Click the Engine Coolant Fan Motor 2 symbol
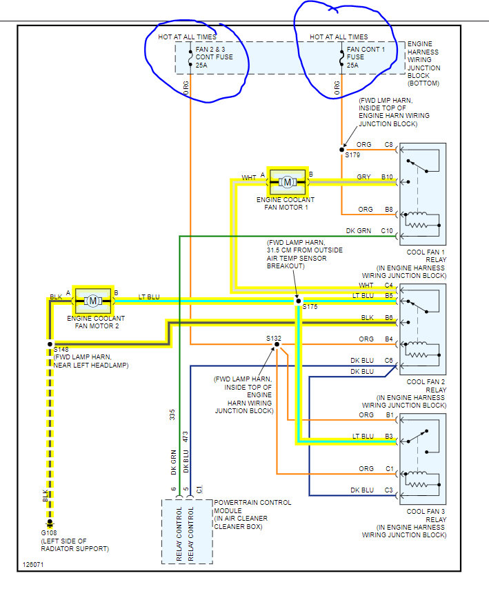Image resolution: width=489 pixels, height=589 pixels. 93,301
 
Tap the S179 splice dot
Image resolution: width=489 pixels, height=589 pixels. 342,149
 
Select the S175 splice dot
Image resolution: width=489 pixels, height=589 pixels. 298,301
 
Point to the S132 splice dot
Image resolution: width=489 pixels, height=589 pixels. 275,343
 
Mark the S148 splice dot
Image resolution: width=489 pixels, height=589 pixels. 50,343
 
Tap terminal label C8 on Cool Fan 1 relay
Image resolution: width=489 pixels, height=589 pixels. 388,145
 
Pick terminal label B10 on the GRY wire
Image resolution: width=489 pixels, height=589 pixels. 387,177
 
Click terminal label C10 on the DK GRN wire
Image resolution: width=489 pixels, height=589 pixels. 387,231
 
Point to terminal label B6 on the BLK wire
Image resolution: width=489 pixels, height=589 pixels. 388,318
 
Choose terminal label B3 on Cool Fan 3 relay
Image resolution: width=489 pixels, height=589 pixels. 388,436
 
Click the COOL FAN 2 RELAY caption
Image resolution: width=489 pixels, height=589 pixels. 426,386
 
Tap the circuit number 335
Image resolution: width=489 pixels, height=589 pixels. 173,415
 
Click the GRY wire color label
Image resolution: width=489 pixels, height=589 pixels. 363,177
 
